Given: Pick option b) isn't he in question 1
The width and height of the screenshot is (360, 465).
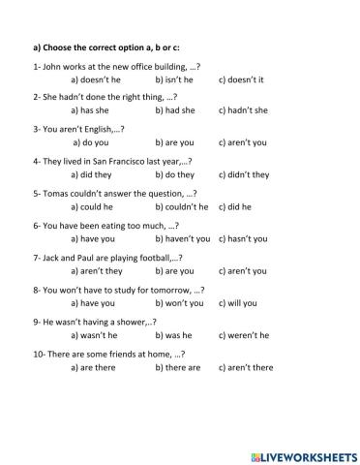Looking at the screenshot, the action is click(174, 79).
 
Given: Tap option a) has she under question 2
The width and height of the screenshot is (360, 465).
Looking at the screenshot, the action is click(93, 111).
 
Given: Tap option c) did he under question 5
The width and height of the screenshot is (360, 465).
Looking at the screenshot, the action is click(235, 207).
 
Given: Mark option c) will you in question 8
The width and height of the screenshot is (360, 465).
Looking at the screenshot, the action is click(238, 303).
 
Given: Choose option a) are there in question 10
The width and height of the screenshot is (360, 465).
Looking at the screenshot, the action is click(96, 367).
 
